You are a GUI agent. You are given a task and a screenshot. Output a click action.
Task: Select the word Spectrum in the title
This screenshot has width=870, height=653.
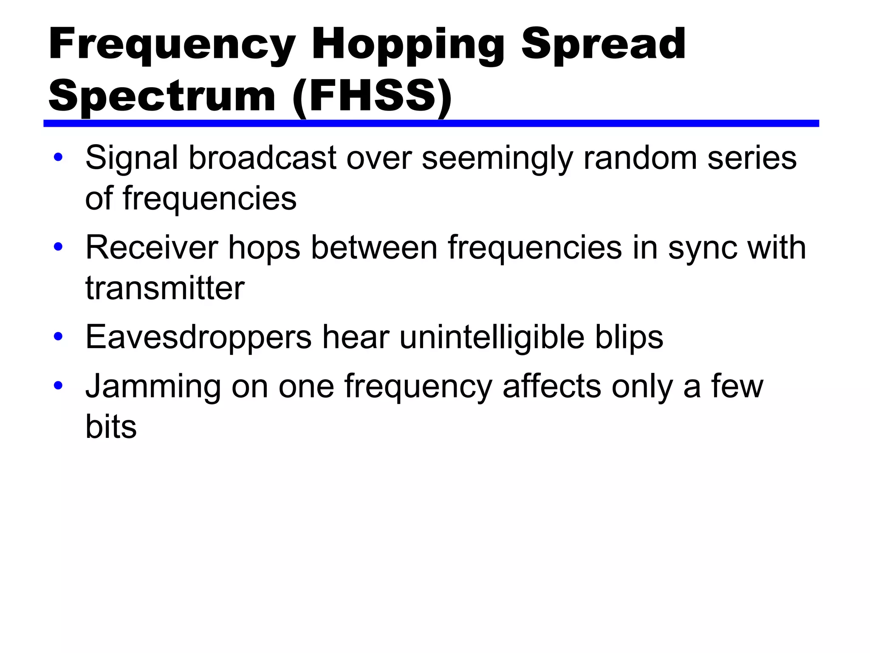click(x=162, y=97)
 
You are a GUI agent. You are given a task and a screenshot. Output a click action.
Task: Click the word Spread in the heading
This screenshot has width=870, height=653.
click(x=603, y=44)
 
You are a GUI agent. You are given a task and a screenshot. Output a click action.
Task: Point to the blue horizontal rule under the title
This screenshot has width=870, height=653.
click(x=431, y=123)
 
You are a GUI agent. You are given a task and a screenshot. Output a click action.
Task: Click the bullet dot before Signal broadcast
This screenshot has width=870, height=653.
click(x=58, y=157)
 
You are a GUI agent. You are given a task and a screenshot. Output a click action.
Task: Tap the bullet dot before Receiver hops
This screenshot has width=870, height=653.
click(x=58, y=247)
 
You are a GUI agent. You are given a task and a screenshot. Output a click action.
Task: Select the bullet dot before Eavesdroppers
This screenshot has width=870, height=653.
click(x=58, y=336)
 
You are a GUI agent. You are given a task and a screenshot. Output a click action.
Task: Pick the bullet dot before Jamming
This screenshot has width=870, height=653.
click(x=58, y=385)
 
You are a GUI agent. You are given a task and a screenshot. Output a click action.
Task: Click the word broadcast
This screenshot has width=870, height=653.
click(x=263, y=158)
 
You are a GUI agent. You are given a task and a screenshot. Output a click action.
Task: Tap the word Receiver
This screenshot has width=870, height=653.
click(x=152, y=247)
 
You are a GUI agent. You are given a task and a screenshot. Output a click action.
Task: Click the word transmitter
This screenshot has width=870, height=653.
click(x=165, y=288)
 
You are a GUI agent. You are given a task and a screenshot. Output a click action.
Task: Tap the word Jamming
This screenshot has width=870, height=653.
click(x=153, y=386)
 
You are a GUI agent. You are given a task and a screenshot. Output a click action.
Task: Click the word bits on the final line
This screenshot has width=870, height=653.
click(x=111, y=426)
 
